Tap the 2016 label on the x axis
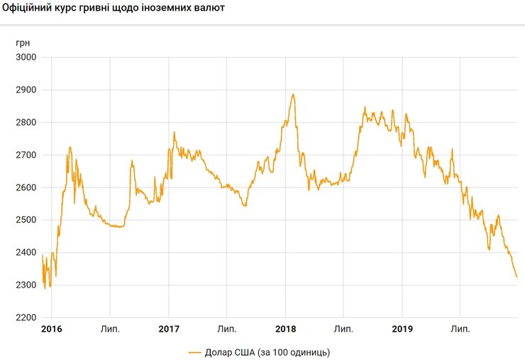click(x=51, y=329)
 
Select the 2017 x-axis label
click(x=168, y=329)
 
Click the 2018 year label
click(x=285, y=329)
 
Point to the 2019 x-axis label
click(x=402, y=329)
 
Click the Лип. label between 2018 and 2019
click(x=344, y=329)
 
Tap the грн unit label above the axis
click(x=23, y=42)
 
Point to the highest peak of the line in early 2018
click(x=293, y=94)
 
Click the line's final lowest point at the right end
click(x=516, y=277)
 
